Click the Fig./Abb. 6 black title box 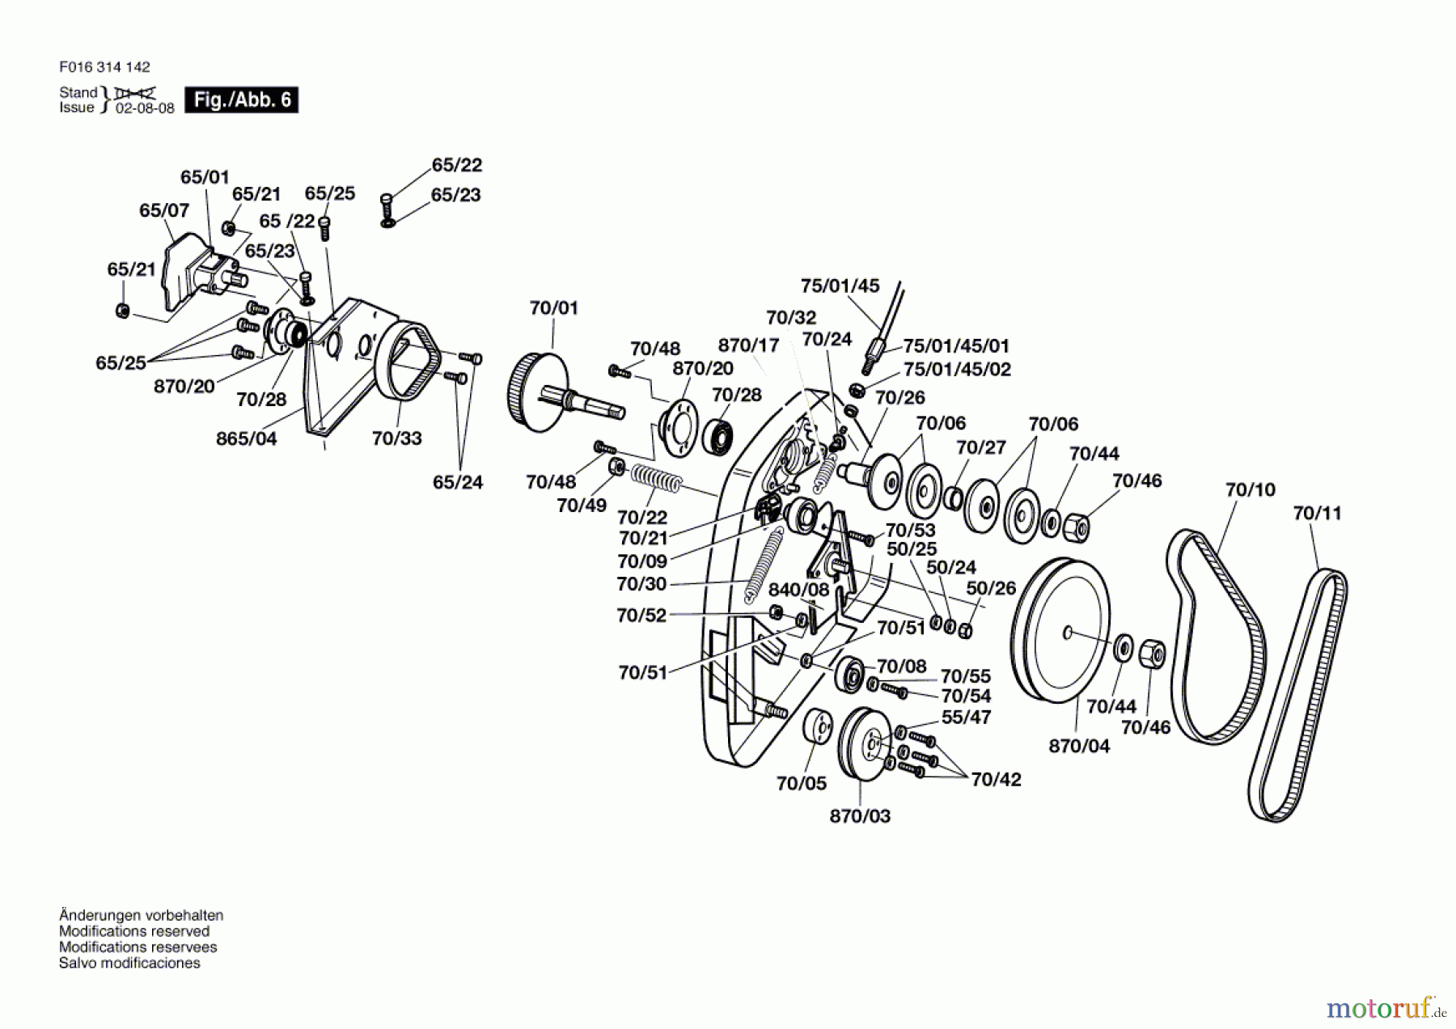click(241, 100)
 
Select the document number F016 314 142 click(104, 67)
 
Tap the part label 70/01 click(554, 308)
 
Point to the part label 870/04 click(1079, 746)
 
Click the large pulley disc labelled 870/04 click(1060, 630)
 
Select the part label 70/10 click(1250, 489)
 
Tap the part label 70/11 click(1317, 513)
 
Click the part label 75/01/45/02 click(957, 370)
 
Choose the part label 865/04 click(246, 438)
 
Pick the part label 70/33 click(396, 438)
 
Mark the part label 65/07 click(164, 210)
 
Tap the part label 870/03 click(860, 816)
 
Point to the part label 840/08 click(798, 590)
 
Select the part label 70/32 click(791, 318)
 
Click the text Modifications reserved click(134, 931)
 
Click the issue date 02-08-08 click(145, 108)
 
